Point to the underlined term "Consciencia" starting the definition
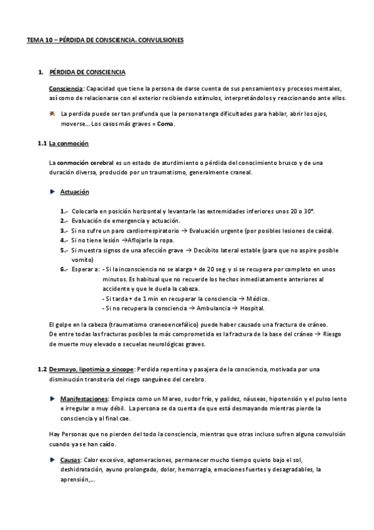click(66, 89)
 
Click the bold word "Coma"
click(166, 124)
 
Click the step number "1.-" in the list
click(64, 211)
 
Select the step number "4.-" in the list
click(64, 240)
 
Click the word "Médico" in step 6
click(258, 298)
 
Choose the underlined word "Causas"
click(72, 459)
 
